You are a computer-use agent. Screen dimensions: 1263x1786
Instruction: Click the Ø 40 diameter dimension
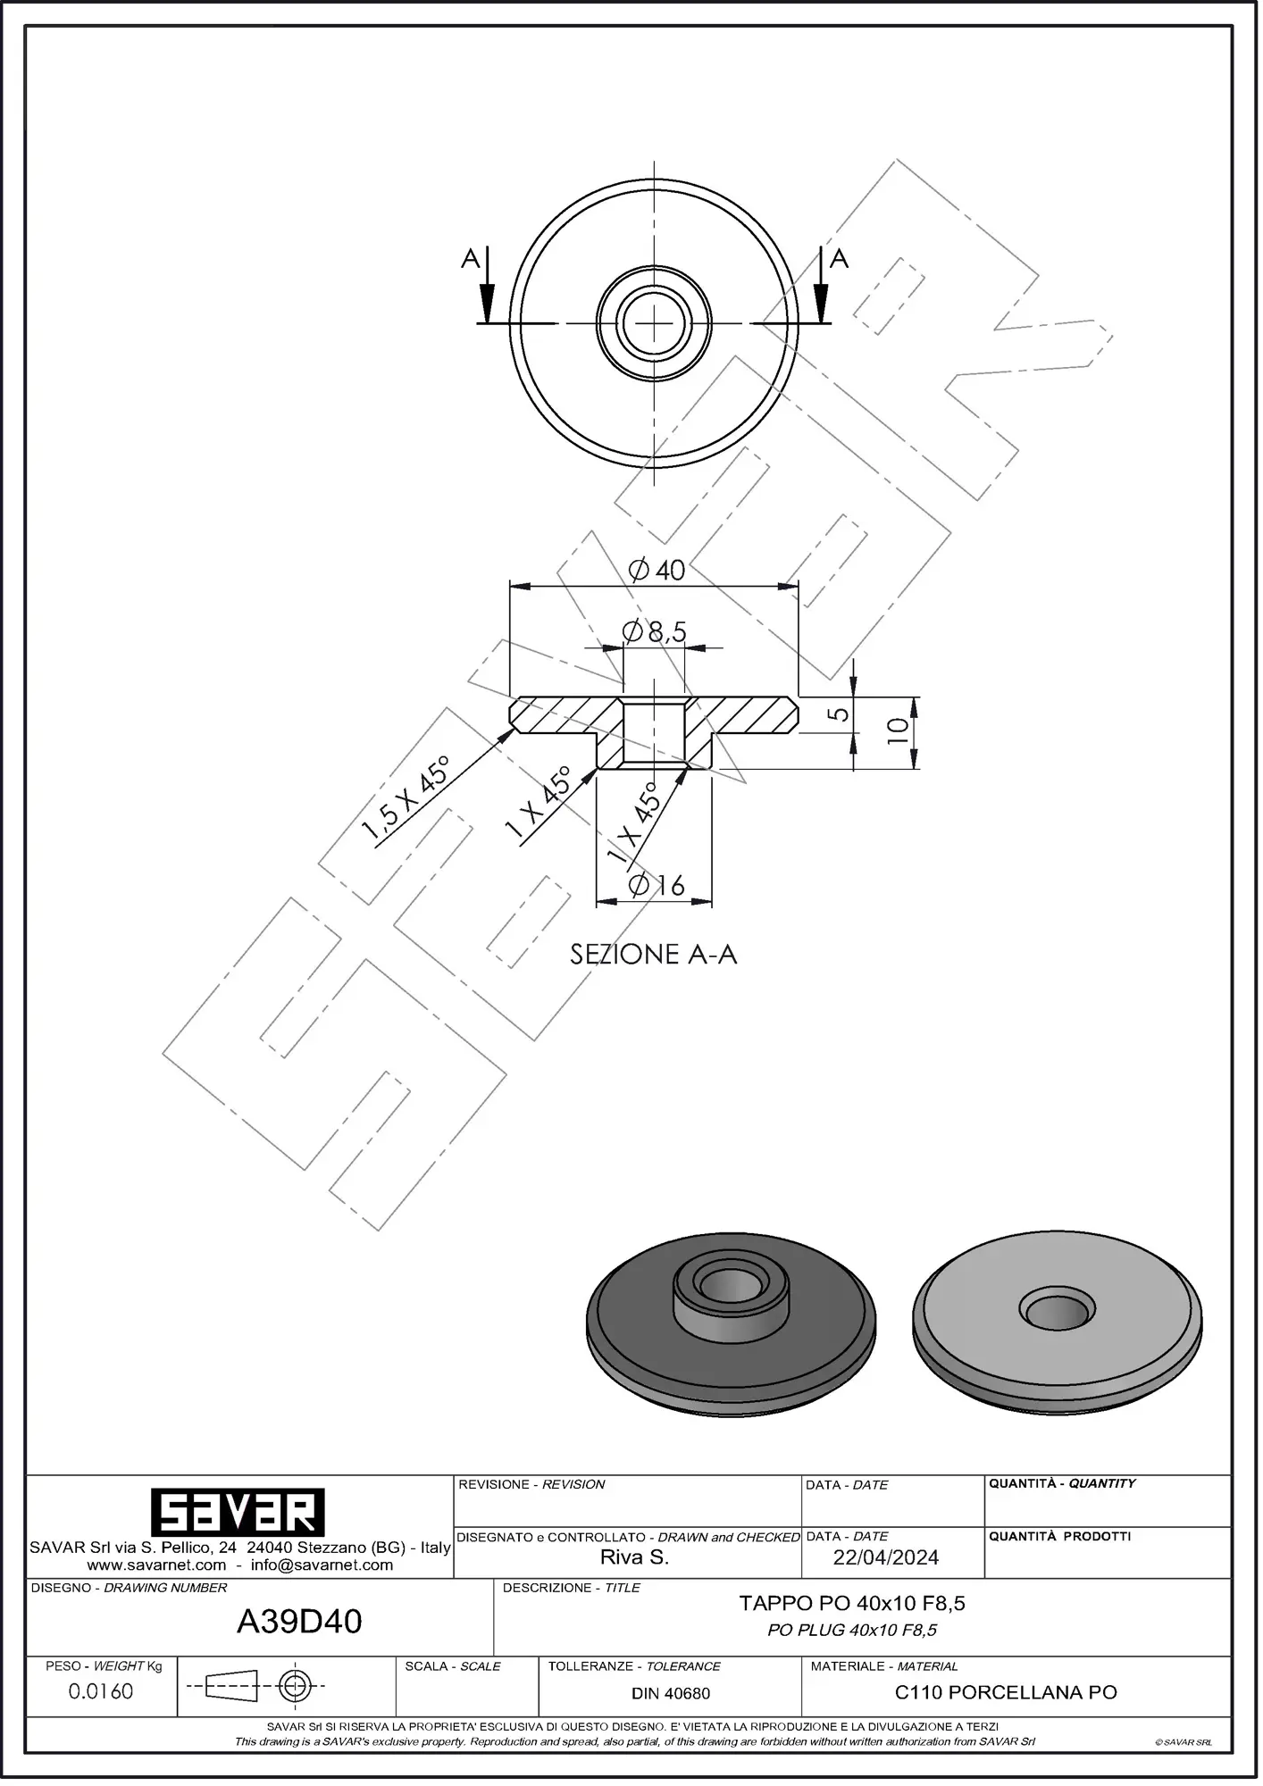coord(657,570)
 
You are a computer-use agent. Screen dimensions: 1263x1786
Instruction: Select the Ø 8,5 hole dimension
coord(655,632)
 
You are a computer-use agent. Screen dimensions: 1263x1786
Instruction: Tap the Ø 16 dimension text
coord(657,885)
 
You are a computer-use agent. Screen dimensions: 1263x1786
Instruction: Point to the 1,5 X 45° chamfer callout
coord(406,799)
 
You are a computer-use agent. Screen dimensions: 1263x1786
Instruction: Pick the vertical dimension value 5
coord(838,714)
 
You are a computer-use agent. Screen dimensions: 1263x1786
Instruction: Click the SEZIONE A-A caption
coord(654,955)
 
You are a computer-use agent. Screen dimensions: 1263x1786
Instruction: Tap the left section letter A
coord(471,259)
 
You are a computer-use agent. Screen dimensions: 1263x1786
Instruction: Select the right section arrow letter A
coord(839,259)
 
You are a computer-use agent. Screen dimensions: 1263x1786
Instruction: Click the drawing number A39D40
coord(299,1622)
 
